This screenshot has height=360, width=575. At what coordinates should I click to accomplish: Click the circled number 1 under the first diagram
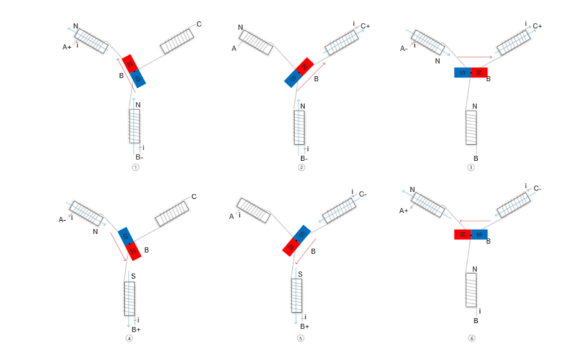coord(135,167)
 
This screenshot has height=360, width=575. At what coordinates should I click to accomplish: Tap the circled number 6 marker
coord(471,338)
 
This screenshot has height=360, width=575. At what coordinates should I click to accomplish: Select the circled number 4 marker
coord(129,338)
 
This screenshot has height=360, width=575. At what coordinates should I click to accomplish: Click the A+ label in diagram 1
coord(67,47)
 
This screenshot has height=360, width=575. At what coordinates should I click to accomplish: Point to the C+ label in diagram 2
coord(365,26)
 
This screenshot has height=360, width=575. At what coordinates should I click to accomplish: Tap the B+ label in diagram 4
coord(136,329)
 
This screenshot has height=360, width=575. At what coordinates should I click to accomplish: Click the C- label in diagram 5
coord(363,194)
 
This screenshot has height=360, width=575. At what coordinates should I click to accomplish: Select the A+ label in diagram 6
coord(404,211)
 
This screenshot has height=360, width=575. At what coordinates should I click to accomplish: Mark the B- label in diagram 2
coord(304,158)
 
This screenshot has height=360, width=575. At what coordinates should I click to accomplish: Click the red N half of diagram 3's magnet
coord(479,72)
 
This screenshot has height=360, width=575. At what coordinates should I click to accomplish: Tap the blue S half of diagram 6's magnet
coord(479,234)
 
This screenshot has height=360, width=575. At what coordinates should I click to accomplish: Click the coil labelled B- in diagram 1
coord(134,126)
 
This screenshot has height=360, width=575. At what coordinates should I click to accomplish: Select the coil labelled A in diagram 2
coord(256,42)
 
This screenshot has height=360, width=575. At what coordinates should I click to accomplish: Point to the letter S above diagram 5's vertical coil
coord(300,274)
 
